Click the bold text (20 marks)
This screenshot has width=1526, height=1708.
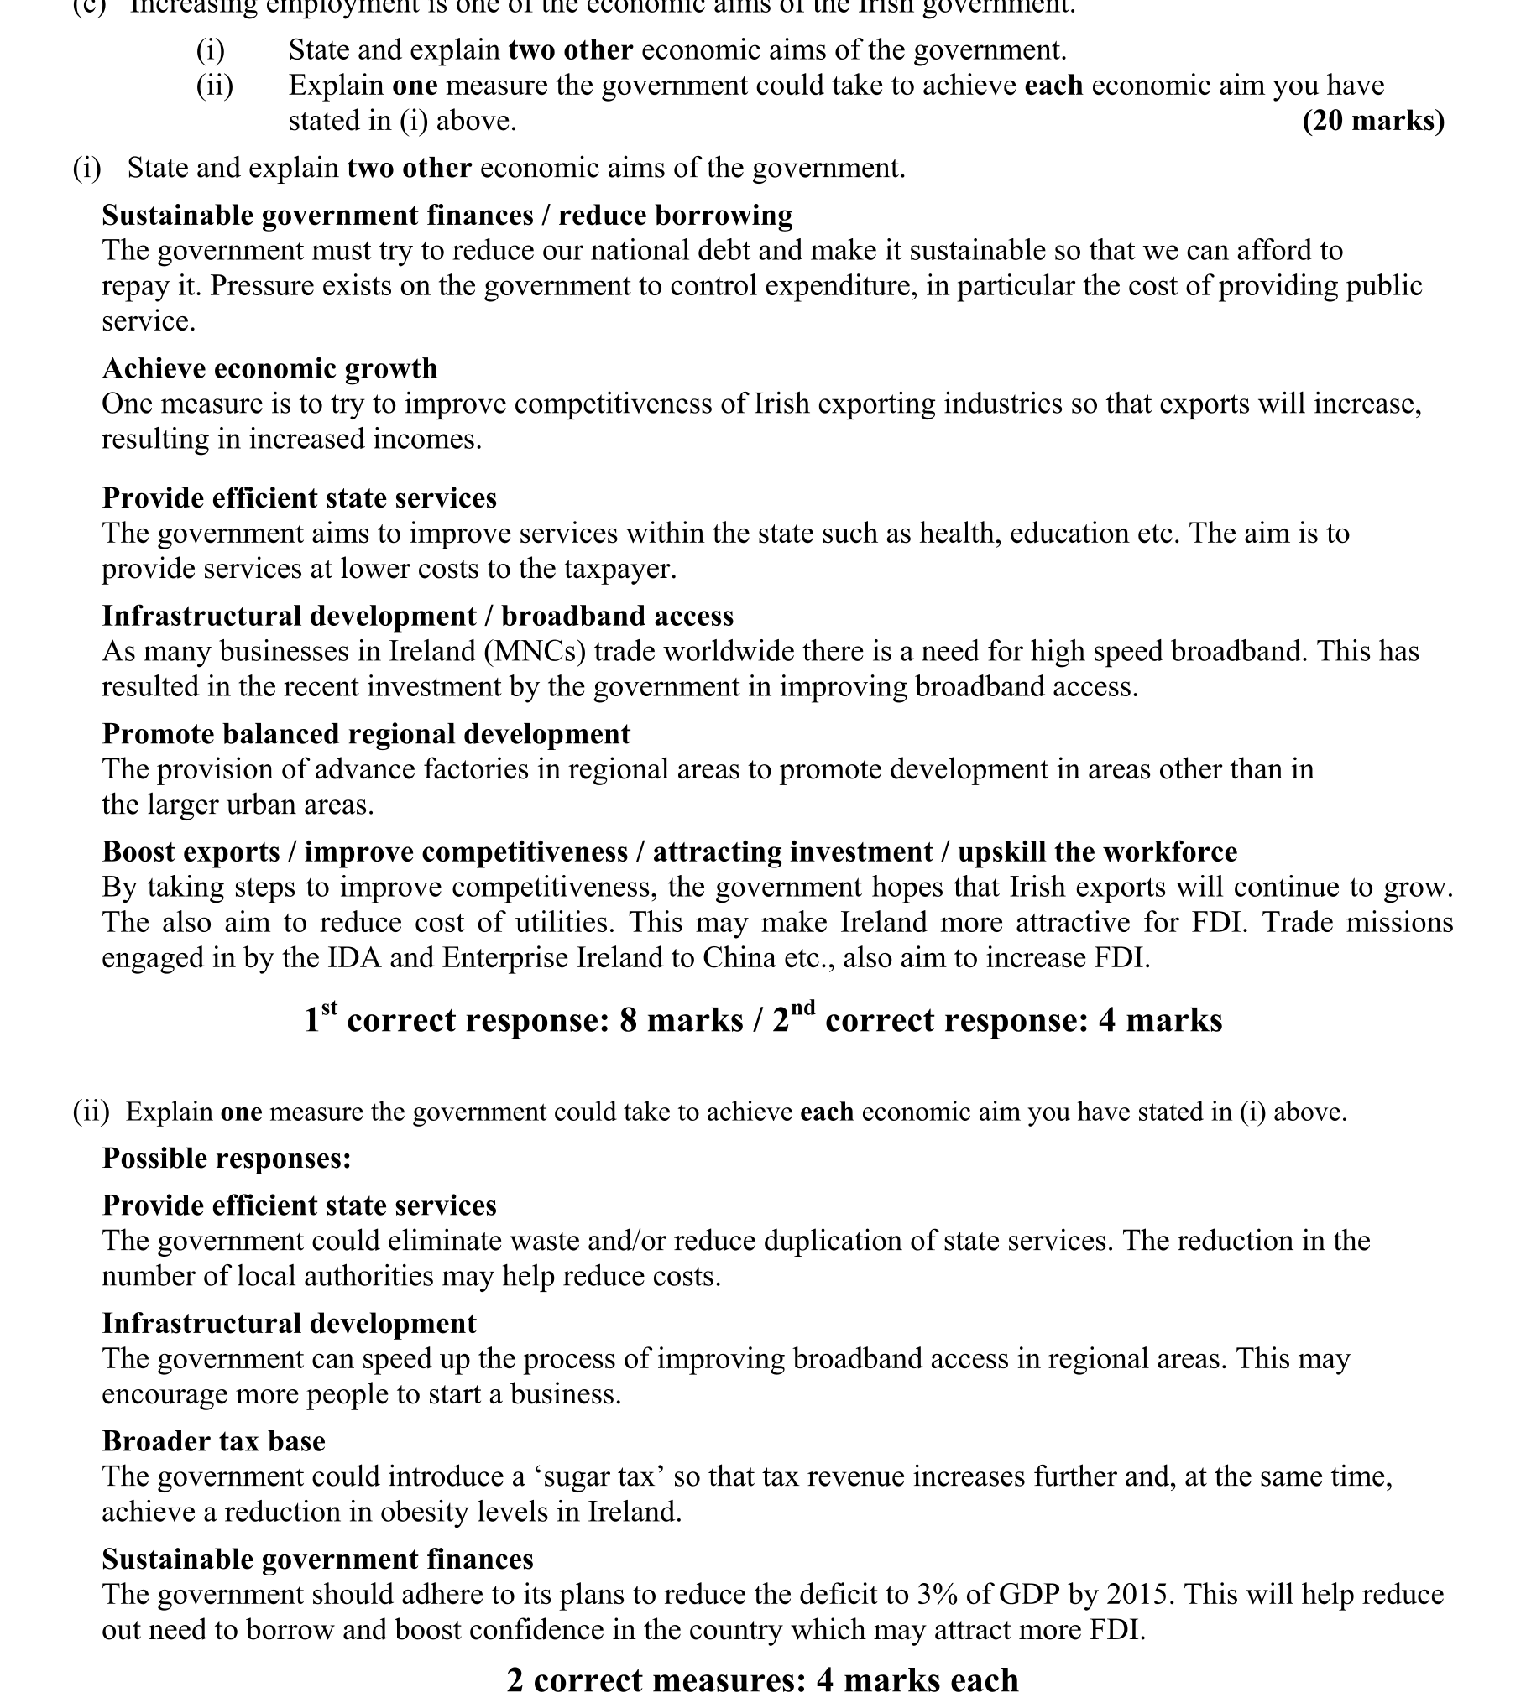(1372, 122)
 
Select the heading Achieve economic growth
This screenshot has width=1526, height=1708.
(269, 368)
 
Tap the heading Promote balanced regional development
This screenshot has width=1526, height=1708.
(366, 734)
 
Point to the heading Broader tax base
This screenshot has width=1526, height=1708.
(213, 1441)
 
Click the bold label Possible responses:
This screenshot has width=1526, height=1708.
(227, 1159)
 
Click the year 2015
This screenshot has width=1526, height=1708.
(1143, 1595)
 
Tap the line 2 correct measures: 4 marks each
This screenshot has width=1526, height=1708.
(762, 1680)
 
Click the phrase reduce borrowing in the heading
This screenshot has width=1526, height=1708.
(676, 216)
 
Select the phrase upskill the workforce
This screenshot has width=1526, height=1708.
(1097, 852)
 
